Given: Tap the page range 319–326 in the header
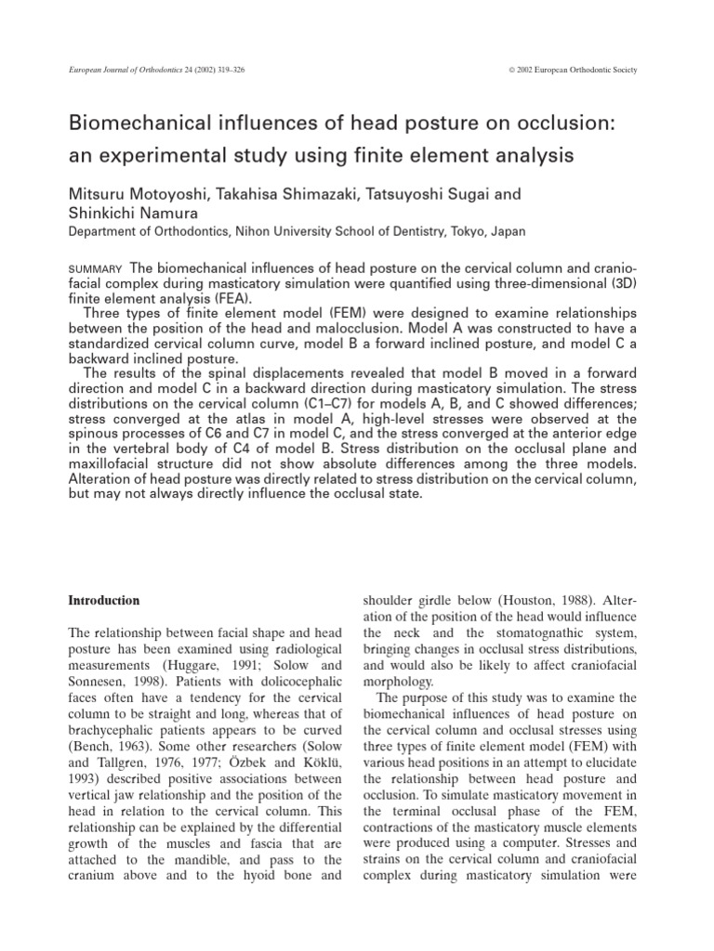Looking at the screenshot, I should [x=227, y=71].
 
